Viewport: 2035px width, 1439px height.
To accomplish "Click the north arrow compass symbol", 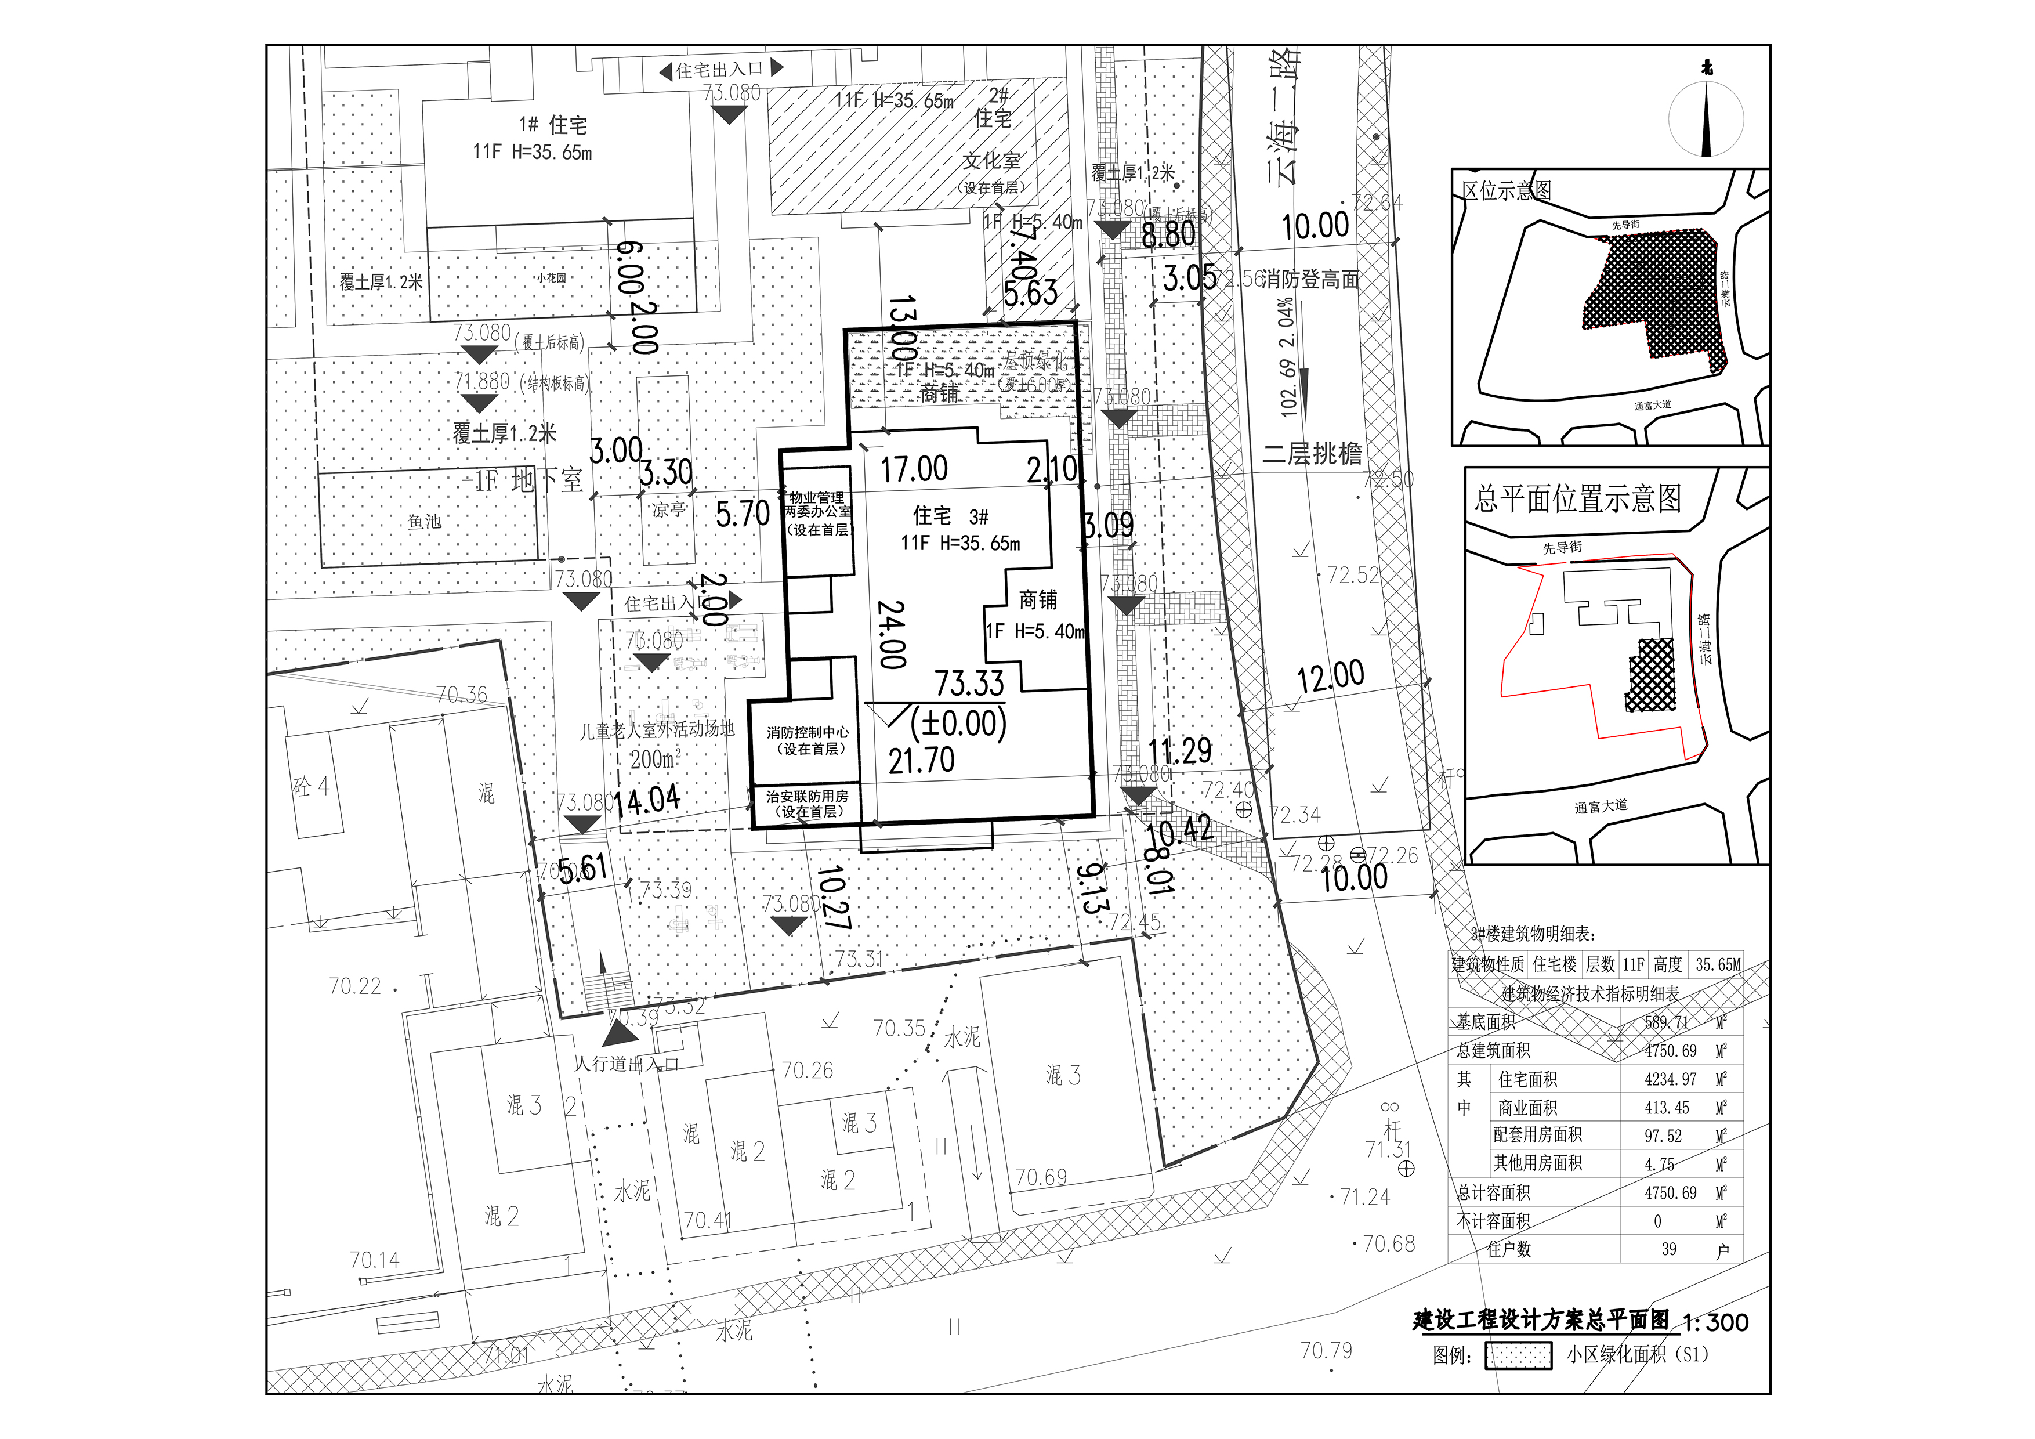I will [1706, 117].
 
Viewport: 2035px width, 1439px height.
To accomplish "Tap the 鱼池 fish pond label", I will [425, 521].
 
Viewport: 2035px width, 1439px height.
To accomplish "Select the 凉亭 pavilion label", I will [668, 510].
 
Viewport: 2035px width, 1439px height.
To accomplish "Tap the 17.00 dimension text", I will [914, 469].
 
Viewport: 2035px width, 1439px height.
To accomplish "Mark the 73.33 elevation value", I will [969, 683].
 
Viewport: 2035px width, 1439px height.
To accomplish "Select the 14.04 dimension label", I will [647, 801].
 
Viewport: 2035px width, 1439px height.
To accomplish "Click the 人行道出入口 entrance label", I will [626, 1063].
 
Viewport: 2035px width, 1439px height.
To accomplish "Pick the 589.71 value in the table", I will [1666, 1022].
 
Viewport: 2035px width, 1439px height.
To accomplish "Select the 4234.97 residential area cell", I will [1670, 1079].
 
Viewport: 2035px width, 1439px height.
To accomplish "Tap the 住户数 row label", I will [1508, 1249].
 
